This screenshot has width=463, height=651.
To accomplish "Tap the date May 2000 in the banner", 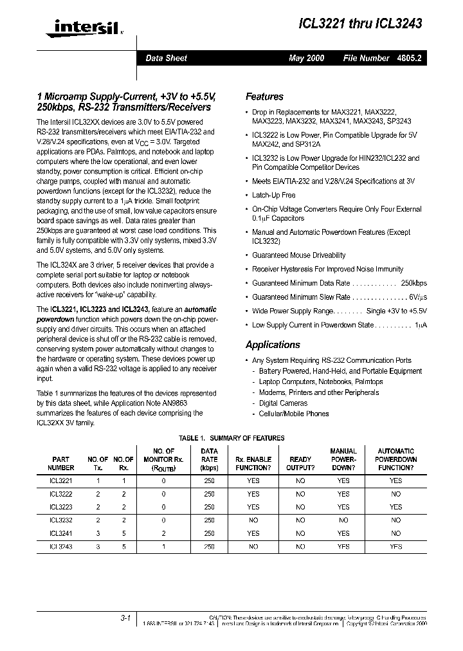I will click(x=306, y=59).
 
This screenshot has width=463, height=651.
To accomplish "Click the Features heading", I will click(x=264, y=96).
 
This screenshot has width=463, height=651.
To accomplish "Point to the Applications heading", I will click(x=273, y=345).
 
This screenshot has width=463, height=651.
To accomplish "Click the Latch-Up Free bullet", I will click(x=274, y=195).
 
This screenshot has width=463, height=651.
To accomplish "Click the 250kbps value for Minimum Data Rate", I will click(x=413, y=283).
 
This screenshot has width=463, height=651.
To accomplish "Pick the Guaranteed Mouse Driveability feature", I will click(x=298, y=255).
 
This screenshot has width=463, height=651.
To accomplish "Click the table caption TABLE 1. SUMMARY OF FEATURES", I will click(x=232, y=438).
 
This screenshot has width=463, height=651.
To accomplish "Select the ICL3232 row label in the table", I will click(x=61, y=520).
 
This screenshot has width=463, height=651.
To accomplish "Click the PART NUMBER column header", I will click(x=61, y=463).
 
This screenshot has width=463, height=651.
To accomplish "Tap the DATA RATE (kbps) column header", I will click(x=210, y=459).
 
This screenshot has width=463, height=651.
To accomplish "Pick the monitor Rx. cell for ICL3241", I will click(x=163, y=533).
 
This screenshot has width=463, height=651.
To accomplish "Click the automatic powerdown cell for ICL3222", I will click(x=395, y=494).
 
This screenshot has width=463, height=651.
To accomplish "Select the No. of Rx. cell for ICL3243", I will click(x=123, y=547).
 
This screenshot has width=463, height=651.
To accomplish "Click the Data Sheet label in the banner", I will click(x=166, y=59).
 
